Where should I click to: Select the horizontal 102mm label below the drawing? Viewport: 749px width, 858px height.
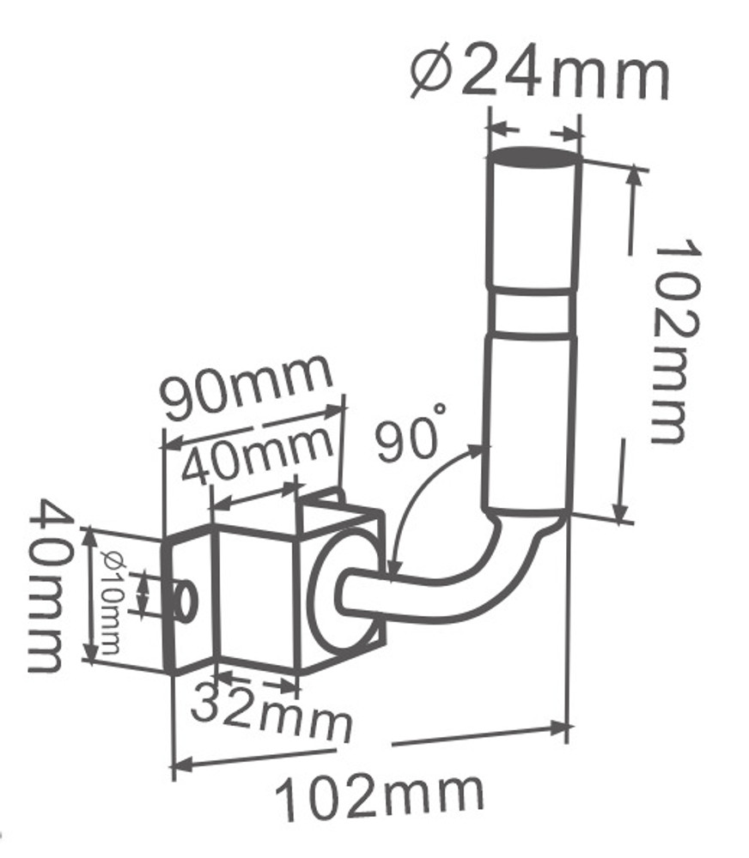(379, 796)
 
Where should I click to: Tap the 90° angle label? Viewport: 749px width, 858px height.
(409, 438)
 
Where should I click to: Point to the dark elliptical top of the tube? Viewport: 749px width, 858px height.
(532, 158)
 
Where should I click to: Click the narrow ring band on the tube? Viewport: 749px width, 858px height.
(531, 312)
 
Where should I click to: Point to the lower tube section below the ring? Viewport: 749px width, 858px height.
(529, 420)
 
